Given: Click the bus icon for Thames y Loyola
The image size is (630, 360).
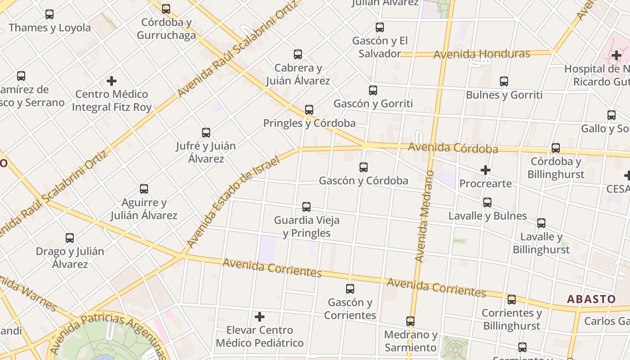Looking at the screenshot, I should pyautogui.click(x=49, y=14).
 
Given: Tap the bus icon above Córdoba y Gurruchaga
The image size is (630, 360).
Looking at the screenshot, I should pyautogui.click(x=166, y=9).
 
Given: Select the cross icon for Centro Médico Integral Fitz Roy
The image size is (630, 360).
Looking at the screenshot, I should pyautogui.click(x=112, y=81).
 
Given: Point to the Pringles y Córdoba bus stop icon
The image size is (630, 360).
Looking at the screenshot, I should pyautogui.click(x=309, y=110).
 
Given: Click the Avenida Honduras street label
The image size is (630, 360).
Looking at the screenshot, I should pyautogui.click(x=481, y=54).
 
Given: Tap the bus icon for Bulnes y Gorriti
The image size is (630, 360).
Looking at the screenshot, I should pyautogui.click(x=504, y=81).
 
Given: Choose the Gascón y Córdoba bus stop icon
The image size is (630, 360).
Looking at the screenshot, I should pyautogui.click(x=364, y=167).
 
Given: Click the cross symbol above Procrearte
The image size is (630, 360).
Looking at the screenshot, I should pyautogui.click(x=486, y=170).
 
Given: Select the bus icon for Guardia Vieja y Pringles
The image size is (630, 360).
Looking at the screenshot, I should pyautogui.click(x=306, y=207).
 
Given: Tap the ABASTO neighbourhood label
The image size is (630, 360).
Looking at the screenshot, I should pyautogui.click(x=591, y=299).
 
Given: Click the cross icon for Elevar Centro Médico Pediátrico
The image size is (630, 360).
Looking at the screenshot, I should pyautogui.click(x=260, y=317).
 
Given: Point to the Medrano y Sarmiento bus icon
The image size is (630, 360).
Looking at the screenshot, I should pyautogui.click(x=410, y=321).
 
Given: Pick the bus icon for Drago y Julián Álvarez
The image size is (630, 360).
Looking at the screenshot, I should pyautogui.click(x=70, y=238).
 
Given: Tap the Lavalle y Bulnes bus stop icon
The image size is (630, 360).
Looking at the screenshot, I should pyautogui.click(x=487, y=202).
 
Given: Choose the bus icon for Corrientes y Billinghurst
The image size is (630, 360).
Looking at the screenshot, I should pyautogui.click(x=512, y=300).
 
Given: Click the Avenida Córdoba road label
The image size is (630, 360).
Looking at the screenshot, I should pyautogui.click(x=453, y=148).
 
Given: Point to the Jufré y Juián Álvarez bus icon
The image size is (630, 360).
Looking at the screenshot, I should pyautogui.click(x=206, y=133).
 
